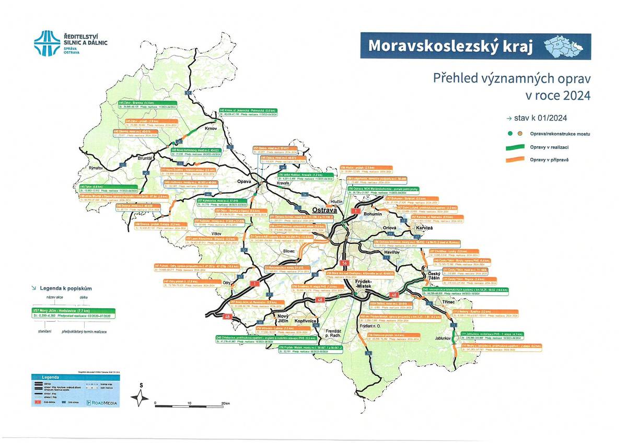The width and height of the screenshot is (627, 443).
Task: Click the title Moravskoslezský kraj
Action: (x=450, y=46)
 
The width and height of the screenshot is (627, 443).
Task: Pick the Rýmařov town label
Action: (x=96, y=168)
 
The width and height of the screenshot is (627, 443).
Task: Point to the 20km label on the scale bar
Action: (x=225, y=403)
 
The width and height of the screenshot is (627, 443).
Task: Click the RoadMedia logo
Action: (x=103, y=402)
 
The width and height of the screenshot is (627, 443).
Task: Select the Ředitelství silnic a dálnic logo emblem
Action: (x=47, y=43)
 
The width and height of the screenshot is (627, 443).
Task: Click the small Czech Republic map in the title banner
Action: (x=565, y=46)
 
